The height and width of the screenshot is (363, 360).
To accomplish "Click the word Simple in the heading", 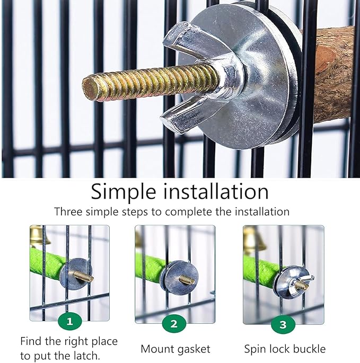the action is pos(124,192).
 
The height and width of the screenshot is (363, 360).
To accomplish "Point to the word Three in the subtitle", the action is pos(68,211).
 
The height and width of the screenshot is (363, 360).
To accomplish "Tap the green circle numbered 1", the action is pos(70,321).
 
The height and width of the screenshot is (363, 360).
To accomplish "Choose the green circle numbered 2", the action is pos(174,323).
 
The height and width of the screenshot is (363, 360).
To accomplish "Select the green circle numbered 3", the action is pos(283,324).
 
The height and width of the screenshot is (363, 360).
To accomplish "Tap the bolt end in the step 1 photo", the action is pos(84,276).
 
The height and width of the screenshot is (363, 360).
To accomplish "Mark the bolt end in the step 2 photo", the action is pos(187,279).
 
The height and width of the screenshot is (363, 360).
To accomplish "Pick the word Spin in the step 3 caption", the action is pos(254,349).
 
